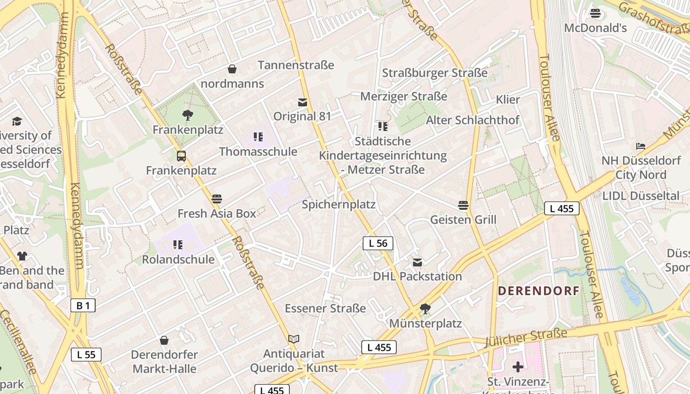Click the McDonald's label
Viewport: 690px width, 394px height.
(595, 28)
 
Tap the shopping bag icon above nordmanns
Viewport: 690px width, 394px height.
(232, 69)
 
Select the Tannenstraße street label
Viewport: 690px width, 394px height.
(296, 65)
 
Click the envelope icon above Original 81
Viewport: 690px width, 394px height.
(303, 102)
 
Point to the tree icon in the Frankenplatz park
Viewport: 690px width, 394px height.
(187, 116)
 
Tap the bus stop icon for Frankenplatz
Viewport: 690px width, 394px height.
(181, 156)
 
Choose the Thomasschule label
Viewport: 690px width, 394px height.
(258, 152)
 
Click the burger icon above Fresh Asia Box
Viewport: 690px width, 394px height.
(217, 199)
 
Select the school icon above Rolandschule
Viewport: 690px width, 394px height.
(178, 245)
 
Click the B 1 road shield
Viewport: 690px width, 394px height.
(83, 305)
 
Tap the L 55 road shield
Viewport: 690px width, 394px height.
(86, 355)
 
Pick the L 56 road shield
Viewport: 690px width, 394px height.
(378, 243)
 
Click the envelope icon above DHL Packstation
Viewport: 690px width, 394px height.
(417, 262)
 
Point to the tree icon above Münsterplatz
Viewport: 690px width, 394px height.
(425, 309)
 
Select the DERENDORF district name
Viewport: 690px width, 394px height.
(538, 291)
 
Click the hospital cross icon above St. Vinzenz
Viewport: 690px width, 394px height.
(517, 367)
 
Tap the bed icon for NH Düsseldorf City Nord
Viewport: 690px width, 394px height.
(641, 146)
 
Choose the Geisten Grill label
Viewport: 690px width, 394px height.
(463, 220)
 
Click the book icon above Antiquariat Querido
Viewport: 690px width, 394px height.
(294, 339)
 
